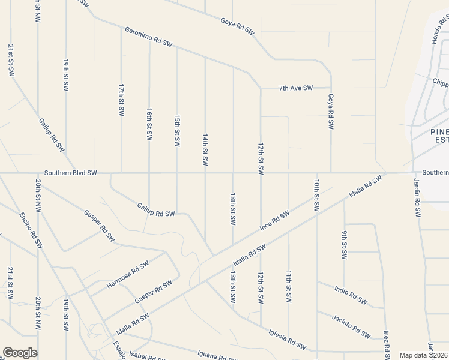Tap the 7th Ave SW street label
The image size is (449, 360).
pyautogui.click(x=296, y=88)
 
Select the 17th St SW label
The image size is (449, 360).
pyautogui.click(x=121, y=100)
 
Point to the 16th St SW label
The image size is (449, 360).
pyautogui.click(x=149, y=124)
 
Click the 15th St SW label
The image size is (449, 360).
pyautogui.click(x=177, y=131)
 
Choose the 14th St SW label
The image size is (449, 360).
pyautogui.click(x=205, y=150)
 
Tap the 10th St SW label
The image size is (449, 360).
pyautogui.click(x=316, y=194)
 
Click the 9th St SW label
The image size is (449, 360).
pyautogui.click(x=345, y=245)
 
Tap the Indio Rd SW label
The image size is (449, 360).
pyautogui.click(x=351, y=293)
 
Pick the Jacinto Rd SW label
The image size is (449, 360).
pyautogui.click(x=351, y=325)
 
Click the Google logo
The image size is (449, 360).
pyautogui.click(x=20, y=353)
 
